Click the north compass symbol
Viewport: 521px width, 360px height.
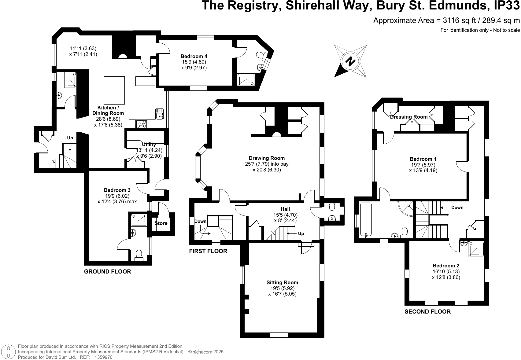(x=350, y=61)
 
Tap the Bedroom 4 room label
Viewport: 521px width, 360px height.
(x=194, y=56)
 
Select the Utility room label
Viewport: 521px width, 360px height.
(x=149, y=144)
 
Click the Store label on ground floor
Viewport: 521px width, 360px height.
(x=161, y=223)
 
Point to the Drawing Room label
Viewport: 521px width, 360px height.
(x=267, y=158)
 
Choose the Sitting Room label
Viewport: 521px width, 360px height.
(x=282, y=282)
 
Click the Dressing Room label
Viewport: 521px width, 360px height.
(x=409, y=117)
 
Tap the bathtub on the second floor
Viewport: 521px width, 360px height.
(x=366, y=219)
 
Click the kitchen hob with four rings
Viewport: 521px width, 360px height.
(x=141, y=124)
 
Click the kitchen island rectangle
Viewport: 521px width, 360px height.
(x=114, y=90)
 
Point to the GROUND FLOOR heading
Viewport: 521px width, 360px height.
(x=107, y=271)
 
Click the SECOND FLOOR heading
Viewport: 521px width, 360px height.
(x=427, y=312)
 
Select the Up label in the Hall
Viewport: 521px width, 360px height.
(x=301, y=233)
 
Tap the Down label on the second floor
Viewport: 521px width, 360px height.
(x=457, y=208)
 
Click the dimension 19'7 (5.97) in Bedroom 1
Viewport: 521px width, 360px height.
(x=423, y=165)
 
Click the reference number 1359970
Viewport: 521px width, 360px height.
(x=104, y=357)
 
